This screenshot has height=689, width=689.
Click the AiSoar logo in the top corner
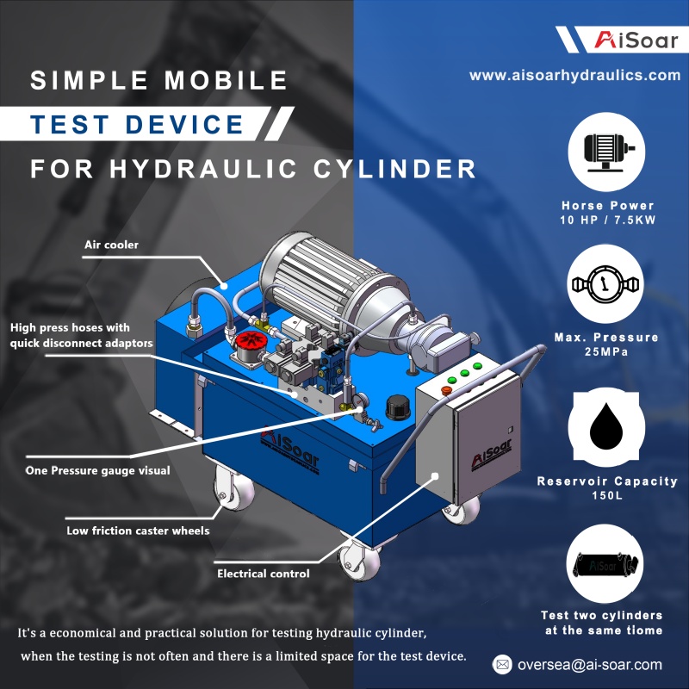click(636, 40)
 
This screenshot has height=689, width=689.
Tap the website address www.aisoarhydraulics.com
click(574, 75)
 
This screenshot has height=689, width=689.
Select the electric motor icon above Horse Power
click(606, 152)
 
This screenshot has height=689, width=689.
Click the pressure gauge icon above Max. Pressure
click(605, 284)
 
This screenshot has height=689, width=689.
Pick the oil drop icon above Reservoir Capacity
click(606, 426)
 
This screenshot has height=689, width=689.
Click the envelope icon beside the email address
click(502, 664)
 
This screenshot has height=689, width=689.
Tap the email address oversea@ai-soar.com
click(590, 664)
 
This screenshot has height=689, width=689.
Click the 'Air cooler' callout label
click(111, 245)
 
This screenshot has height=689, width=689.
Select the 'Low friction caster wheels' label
click(138, 531)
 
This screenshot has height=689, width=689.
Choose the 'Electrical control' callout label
click(264, 574)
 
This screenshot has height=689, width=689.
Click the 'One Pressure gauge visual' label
click(97, 470)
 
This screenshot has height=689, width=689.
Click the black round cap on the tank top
click(398, 407)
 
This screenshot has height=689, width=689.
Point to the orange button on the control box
click(446, 390)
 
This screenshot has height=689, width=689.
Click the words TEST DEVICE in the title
click(137, 124)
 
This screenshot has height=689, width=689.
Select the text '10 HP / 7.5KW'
click(608, 220)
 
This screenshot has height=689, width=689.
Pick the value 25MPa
click(606, 351)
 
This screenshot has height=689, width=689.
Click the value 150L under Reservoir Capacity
click(607, 495)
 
